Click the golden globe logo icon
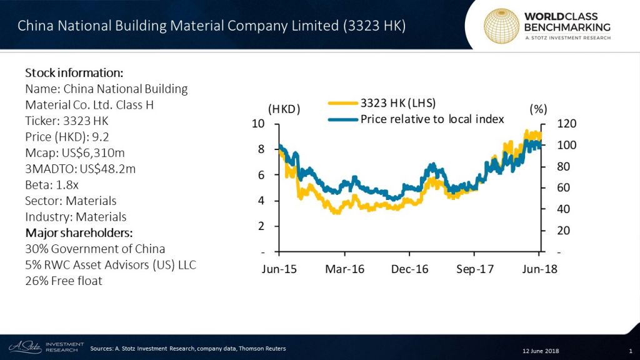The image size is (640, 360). [502, 26]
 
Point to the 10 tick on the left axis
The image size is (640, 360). [257, 123]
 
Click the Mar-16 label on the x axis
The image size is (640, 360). [344, 269]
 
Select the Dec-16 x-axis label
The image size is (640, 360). [410, 269]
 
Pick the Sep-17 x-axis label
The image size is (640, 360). [474, 269]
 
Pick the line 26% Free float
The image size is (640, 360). [64, 281]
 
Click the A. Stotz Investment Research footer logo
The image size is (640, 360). [44, 347]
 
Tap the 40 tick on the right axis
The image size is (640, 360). [554, 209]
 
